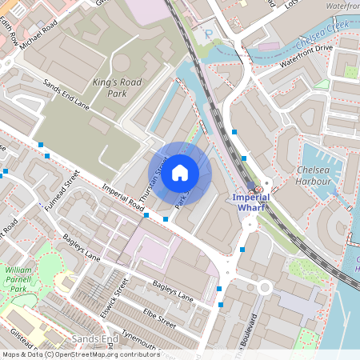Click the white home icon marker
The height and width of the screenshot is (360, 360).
pyautogui.click(x=180, y=172)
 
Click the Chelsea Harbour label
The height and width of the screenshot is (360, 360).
pyautogui.click(x=313, y=176)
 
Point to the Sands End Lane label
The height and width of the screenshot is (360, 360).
pyautogui.click(x=66, y=95)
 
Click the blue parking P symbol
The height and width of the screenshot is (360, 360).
pyautogui.click(x=209, y=35)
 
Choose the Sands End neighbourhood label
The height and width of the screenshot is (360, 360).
pyautogui.click(x=95, y=340)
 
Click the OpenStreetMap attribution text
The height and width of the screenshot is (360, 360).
pyautogui.click(x=80, y=354)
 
